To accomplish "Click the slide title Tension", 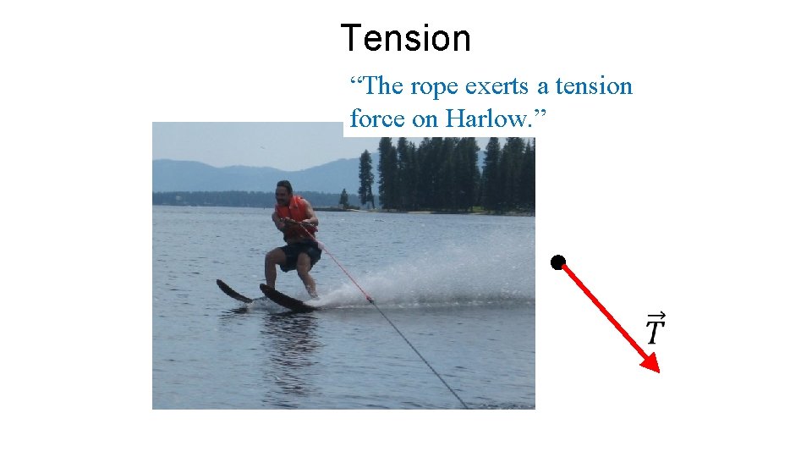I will click(x=405, y=39).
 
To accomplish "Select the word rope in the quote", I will click(x=431, y=86).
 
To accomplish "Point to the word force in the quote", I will click(x=377, y=119).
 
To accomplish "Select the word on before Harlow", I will click(x=425, y=119).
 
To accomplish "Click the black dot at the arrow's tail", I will click(x=557, y=262).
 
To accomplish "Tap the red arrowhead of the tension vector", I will click(x=650, y=363).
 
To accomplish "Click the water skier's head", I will click(x=284, y=190).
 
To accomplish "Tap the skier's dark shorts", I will click(x=300, y=254).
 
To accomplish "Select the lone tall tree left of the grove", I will click(x=365, y=178).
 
